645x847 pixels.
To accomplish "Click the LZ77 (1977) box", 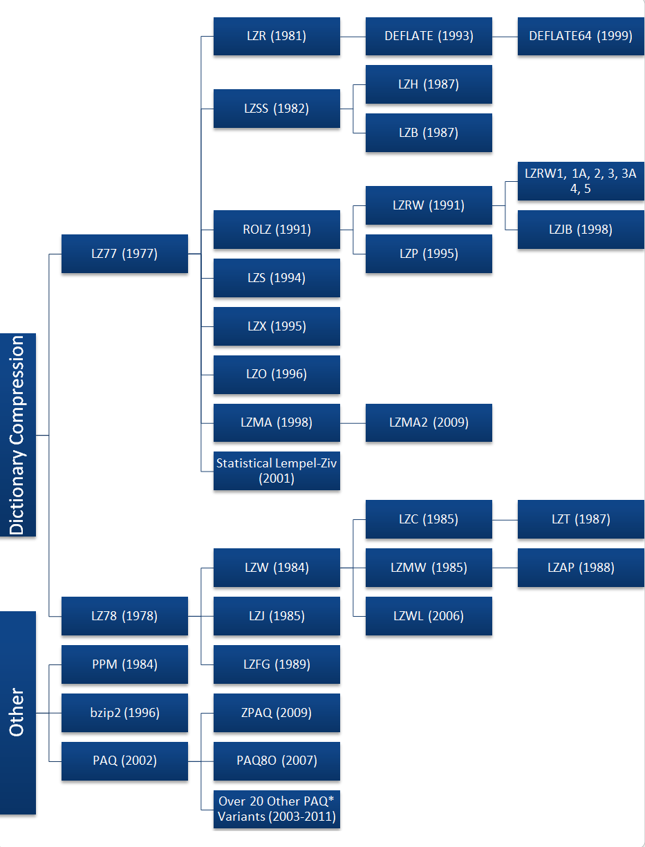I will (x=124, y=254).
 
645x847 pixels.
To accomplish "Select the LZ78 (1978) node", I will (x=124, y=616).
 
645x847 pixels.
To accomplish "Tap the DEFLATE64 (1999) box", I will (x=581, y=36).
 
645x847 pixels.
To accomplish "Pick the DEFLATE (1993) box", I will (x=429, y=36).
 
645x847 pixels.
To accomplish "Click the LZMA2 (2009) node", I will (x=429, y=422).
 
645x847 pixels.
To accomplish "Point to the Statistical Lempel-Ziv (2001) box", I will (x=277, y=471).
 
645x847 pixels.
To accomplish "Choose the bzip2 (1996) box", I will (x=124, y=713).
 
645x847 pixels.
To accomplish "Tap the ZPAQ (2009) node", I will (x=277, y=713).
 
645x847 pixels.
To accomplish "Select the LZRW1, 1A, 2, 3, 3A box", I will (x=581, y=181).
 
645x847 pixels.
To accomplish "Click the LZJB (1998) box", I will (x=581, y=230).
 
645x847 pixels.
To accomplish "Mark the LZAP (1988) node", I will (x=581, y=568).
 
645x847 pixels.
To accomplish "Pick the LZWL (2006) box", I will (x=429, y=616).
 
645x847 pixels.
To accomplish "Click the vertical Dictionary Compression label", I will (x=18, y=435).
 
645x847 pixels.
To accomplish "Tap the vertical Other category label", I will (x=18, y=712).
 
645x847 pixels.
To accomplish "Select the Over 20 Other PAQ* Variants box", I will (x=277, y=809).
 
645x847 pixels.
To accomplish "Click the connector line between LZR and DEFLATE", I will (x=353, y=36).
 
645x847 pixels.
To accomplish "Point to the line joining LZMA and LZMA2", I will (x=353, y=422).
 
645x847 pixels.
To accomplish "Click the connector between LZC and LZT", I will (x=505, y=519).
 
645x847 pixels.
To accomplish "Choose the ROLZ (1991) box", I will (x=277, y=230).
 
